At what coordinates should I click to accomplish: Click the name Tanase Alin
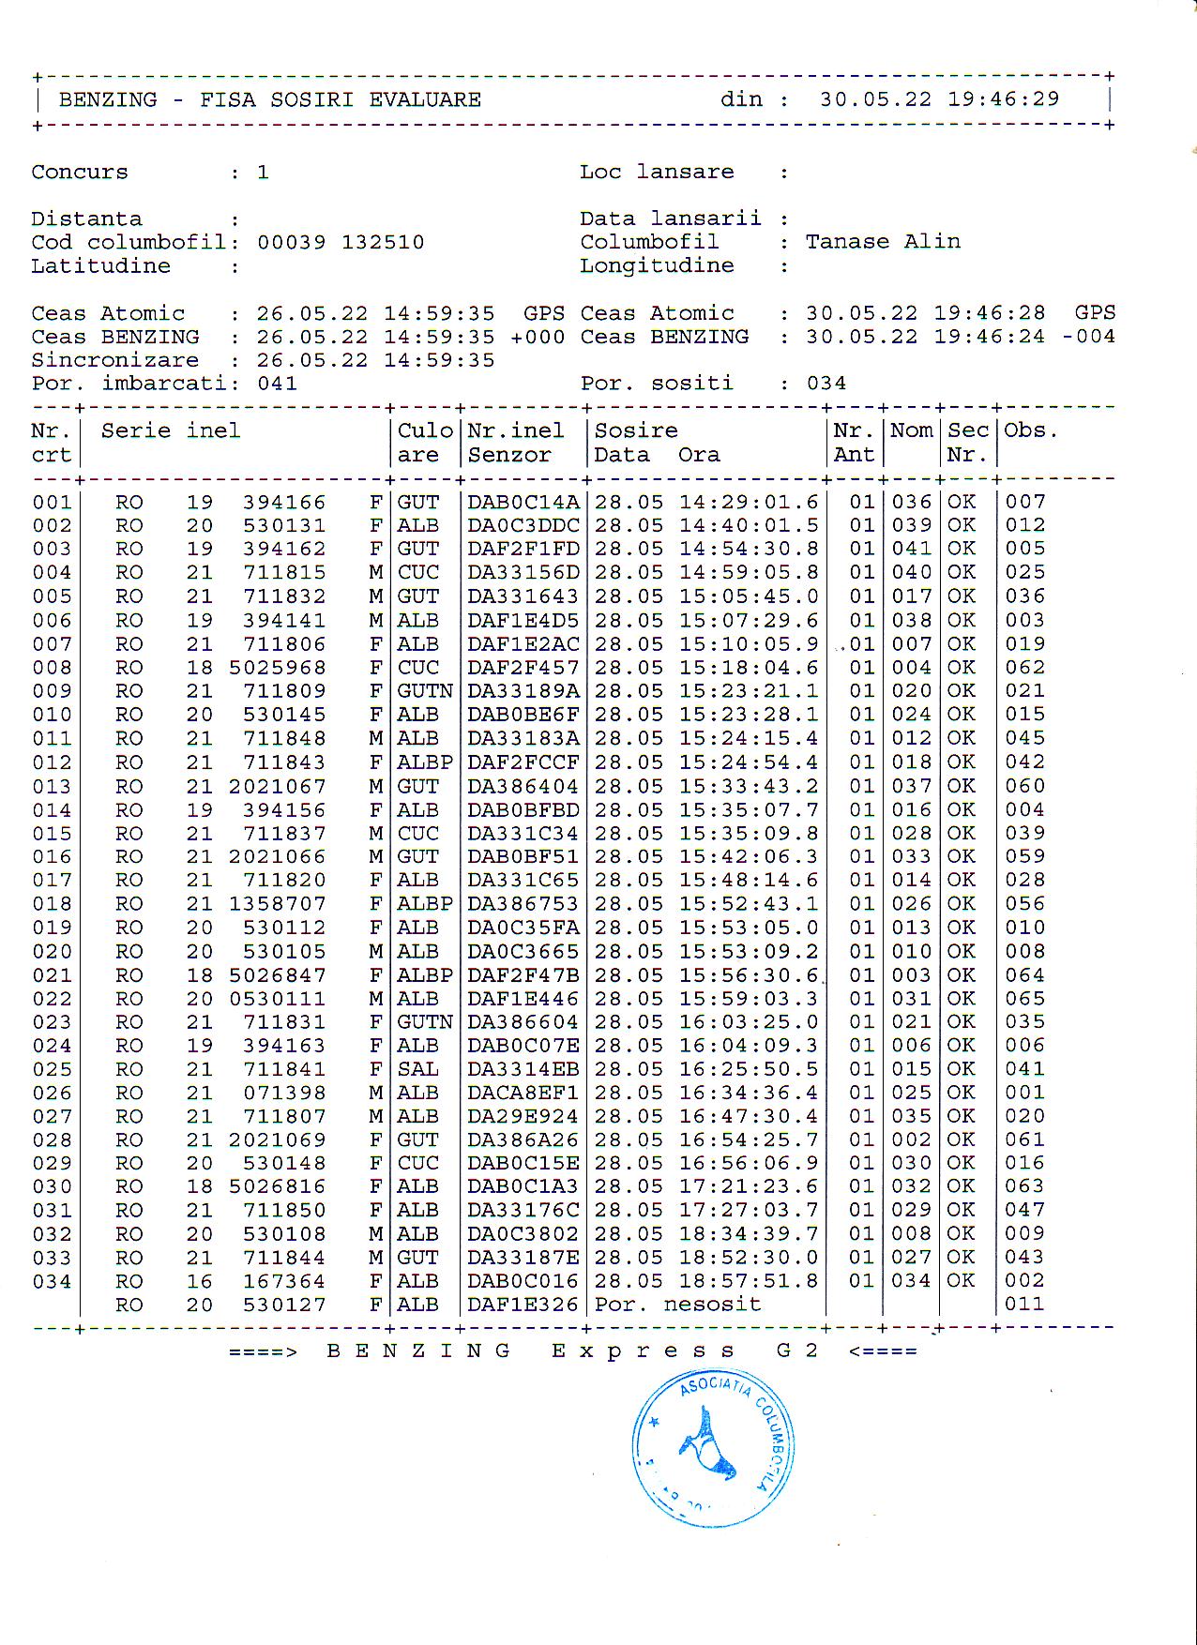pos(883,242)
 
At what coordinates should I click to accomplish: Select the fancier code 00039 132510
pos(341,243)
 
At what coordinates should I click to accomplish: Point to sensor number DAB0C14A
pos(523,503)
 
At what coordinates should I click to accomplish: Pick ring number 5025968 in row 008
pos(278,668)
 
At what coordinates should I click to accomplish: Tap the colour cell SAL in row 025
pos(417,1069)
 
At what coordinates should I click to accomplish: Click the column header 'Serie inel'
pos(170,431)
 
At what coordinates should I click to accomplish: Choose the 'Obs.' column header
pos(1031,431)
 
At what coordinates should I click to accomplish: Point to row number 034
pos(52,1281)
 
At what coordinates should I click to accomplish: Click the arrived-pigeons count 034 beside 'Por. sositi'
pos(826,384)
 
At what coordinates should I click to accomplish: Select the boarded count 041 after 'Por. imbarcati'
pos(278,384)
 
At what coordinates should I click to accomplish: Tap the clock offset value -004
pos(1088,337)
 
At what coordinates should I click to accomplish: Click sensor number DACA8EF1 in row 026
pos(523,1093)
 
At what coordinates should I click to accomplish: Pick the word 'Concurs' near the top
pos(80,173)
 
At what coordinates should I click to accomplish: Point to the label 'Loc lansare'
pos(657,173)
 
